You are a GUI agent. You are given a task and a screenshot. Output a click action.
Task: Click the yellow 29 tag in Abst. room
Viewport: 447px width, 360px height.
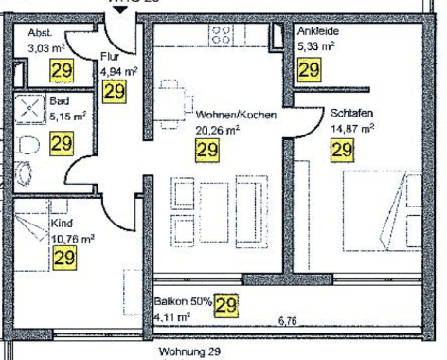(38, 70)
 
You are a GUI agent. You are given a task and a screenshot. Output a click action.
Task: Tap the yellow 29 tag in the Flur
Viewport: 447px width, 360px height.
(115, 92)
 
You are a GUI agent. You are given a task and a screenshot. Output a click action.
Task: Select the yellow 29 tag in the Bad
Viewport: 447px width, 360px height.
(62, 144)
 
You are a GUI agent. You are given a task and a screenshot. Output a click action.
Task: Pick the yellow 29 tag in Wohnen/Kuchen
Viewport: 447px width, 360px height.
(206, 149)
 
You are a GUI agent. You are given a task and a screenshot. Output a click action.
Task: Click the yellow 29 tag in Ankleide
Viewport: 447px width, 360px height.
(309, 69)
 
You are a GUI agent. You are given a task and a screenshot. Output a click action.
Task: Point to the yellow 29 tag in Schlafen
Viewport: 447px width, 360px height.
(341, 149)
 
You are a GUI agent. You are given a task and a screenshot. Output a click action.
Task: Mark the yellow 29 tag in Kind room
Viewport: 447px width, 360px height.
(64, 257)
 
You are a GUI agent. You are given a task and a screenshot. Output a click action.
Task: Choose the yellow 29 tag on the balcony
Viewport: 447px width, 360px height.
(225, 304)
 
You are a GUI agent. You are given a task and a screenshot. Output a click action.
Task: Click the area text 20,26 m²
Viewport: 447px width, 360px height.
(216, 130)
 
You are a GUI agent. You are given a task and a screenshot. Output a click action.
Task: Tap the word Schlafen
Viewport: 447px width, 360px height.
(351, 112)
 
